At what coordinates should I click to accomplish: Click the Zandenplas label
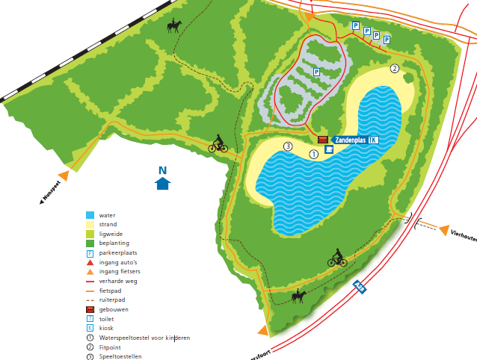(x=350, y=140)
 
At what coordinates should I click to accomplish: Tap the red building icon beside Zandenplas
(x=323, y=140)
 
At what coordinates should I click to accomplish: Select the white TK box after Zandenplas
(x=373, y=140)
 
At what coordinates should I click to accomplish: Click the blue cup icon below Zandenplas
(x=329, y=149)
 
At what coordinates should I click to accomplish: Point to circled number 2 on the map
(x=394, y=69)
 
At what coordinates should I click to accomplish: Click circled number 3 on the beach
(x=288, y=146)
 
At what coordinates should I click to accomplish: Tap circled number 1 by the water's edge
(x=313, y=153)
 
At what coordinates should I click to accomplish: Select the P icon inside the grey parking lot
(x=316, y=72)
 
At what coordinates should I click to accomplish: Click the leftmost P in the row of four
(x=356, y=25)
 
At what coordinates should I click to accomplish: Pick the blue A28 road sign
(x=360, y=286)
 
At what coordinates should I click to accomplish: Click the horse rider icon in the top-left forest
(x=174, y=26)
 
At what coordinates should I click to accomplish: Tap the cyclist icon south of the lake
(x=337, y=258)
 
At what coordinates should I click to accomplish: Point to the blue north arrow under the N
(x=162, y=183)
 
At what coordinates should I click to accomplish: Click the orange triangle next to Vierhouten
(x=444, y=230)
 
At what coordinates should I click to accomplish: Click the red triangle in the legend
(x=90, y=262)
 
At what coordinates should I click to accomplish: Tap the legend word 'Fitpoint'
(x=112, y=347)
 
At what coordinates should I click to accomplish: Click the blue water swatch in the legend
(x=90, y=214)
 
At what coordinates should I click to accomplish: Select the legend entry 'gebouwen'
(x=114, y=309)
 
